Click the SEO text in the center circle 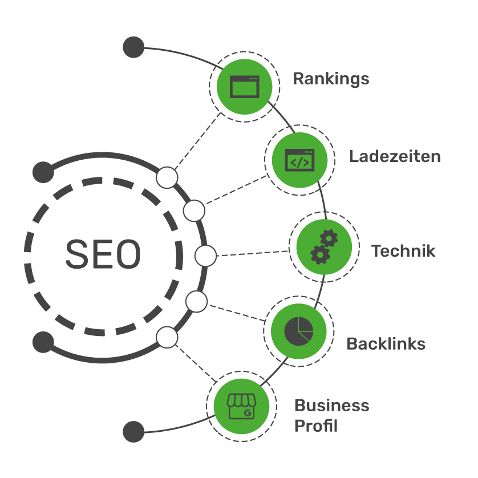[x=103, y=254]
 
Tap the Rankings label [x=331, y=79]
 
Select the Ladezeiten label [x=395, y=157]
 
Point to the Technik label [x=403, y=251]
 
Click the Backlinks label [x=386, y=344]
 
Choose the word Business [x=331, y=406]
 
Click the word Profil [x=316, y=426]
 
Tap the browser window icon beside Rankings [x=245, y=87]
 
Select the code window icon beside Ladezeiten [x=299, y=160]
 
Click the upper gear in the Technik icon [x=329, y=238]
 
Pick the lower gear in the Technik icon [x=320, y=254]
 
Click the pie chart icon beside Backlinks [x=299, y=331]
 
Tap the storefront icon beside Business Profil [x=241, y=406]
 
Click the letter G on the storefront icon [x=248, y=413]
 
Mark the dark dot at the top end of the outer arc [x=133, y=47]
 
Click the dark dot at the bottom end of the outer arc [x=133, y=432]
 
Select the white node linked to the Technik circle [x=205, y=256]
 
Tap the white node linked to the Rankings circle [x=167, y=177]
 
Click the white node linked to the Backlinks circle [x=196, y=302]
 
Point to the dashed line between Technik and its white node [x=253, y=253]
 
